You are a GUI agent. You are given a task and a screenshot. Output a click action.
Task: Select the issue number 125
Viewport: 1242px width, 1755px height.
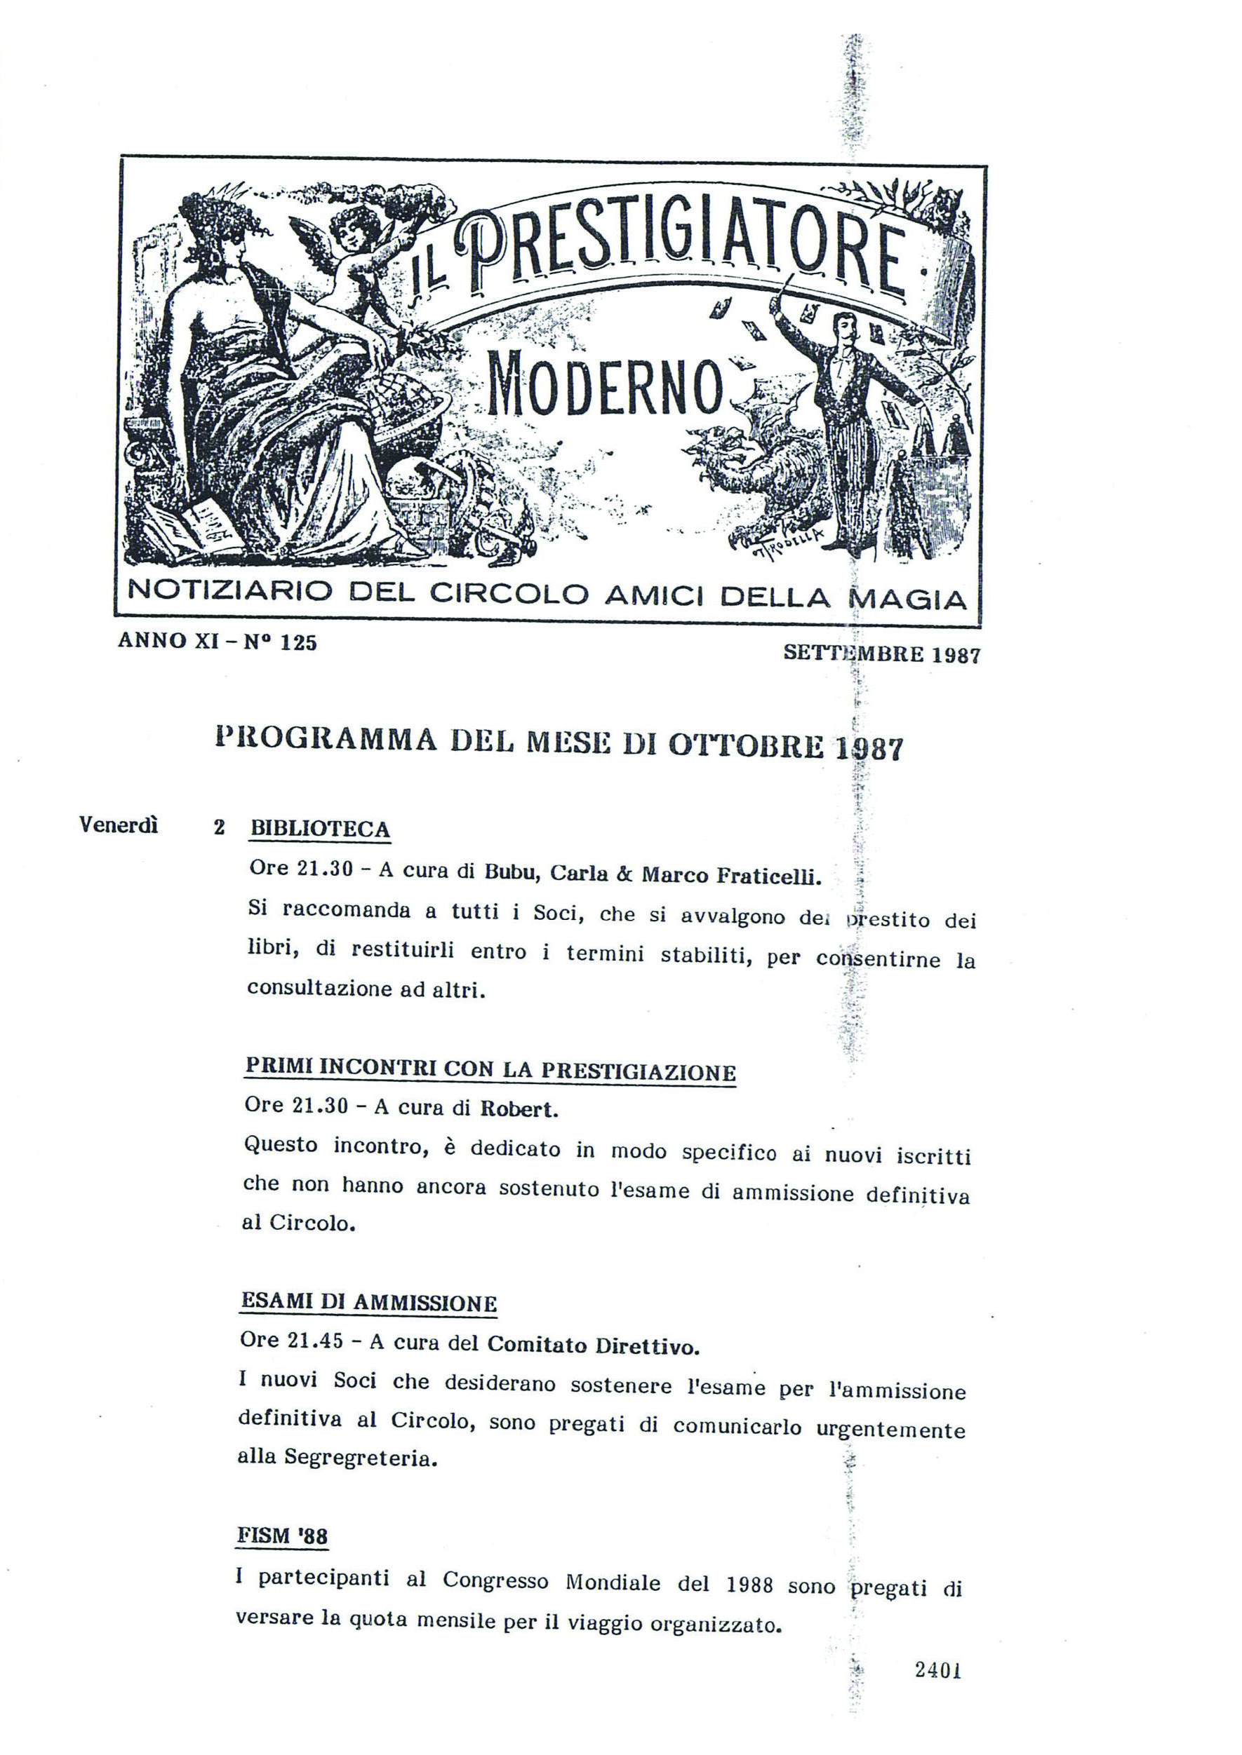[298, 643]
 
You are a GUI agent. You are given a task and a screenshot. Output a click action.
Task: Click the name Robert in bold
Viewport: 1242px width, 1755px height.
[518, 1110]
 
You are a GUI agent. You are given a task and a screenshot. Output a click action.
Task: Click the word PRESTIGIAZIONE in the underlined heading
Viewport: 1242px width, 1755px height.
[638, 1071]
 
